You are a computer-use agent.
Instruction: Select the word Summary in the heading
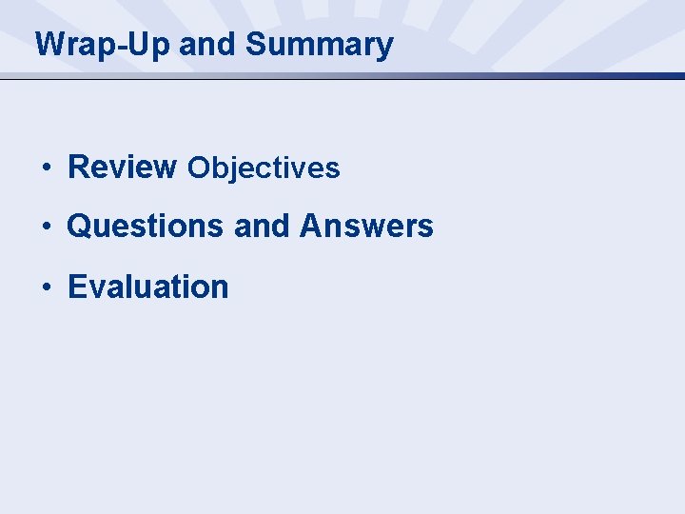[319, 45]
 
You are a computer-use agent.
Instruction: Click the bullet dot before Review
[46, 168]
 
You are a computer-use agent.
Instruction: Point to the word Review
[122, 167]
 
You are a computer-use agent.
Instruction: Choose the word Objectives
[264, 168]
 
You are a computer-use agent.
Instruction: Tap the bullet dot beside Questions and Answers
[46, 227]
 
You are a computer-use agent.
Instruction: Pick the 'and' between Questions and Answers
[263, 227]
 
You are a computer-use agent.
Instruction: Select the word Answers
[366, 227]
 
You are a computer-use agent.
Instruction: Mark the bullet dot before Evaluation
[46, 287]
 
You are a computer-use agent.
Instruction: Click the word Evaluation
[148, 287]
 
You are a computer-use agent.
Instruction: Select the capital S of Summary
[255, 45]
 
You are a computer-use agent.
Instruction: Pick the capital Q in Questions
[79, 227]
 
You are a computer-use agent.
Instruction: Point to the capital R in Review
[78, 167]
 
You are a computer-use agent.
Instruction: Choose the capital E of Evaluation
[77, 287]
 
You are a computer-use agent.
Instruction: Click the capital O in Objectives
[198, 168]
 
